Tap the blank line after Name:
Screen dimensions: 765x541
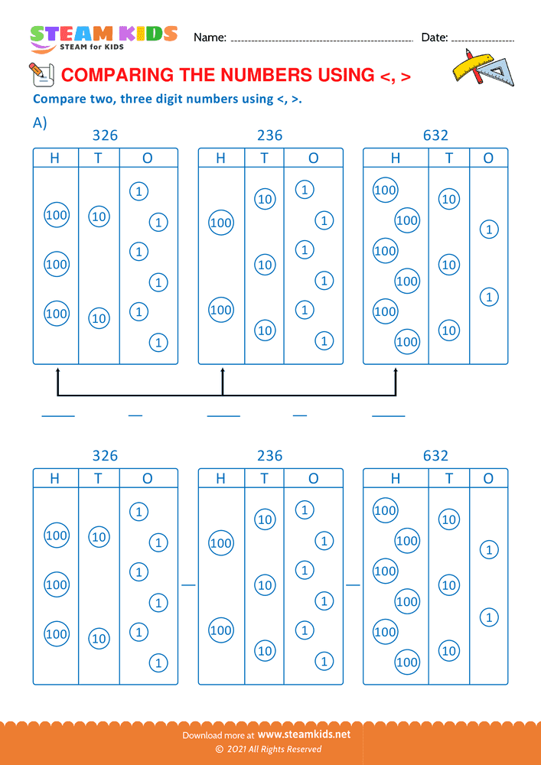click(x=321, y=39)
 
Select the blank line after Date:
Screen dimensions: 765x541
click(x=483, y=39)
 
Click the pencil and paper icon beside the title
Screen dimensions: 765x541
click(x=41, y=74)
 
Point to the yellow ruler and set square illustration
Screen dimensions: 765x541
click(x=483, y=68)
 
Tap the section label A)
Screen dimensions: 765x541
click(x=40, y=122)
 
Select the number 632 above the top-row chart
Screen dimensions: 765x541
click(x=435, y=135)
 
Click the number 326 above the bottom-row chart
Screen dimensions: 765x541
click(x=105, y=456)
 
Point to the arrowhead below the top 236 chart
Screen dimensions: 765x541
click(x=223, y=372)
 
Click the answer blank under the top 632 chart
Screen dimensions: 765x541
click(x=388, y=416)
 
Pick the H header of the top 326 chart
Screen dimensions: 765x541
click(x=55, y=158)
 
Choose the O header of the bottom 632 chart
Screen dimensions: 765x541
click(x=488, y=479)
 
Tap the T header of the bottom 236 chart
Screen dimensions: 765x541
click(x=264, y=479)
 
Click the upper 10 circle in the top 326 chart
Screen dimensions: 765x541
click(x=99, y=216)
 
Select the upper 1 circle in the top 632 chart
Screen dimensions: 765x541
click(x=488, y=229)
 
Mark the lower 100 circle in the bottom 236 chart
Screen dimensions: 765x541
click(x=220, y=631)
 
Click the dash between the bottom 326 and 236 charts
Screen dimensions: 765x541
click(x=188, y=585)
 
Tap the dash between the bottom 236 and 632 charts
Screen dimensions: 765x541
click(x=353, y=585)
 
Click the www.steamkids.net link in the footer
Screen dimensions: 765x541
click(x=309, y=734)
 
